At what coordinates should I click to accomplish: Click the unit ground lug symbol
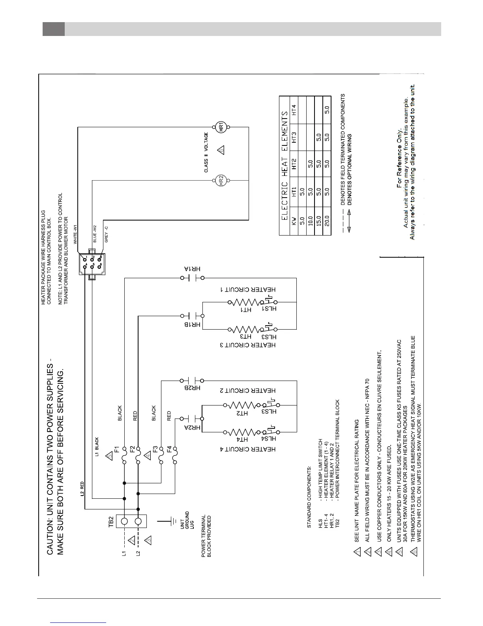pyautogui.click(x=173, y=521)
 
